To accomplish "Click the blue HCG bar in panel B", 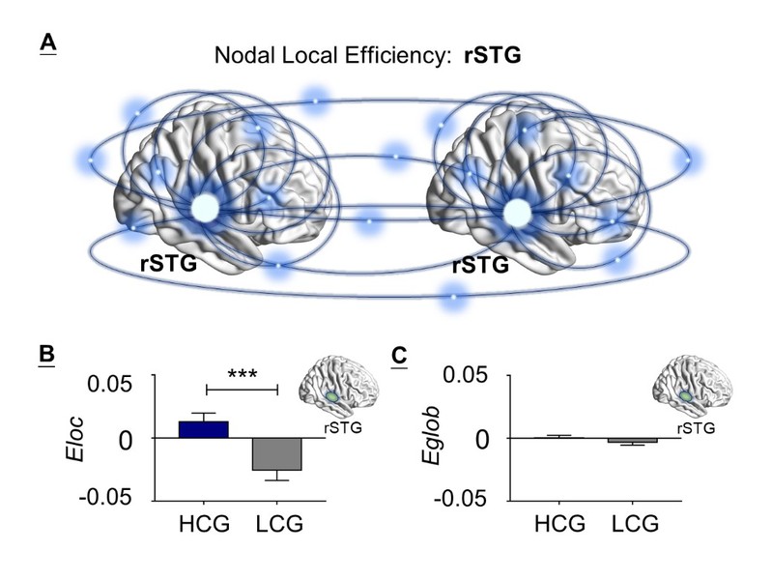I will point(204,429).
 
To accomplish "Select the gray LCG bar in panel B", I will point(277,453).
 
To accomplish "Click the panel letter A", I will point(46,43).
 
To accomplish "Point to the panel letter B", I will point(45,355).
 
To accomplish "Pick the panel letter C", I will point(399,355).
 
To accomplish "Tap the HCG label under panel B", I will point(205,525).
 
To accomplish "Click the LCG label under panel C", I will point(634,525).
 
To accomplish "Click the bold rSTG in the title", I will point(494,57).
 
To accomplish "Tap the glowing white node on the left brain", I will point(204,208).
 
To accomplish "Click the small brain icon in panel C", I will point(687,385).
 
